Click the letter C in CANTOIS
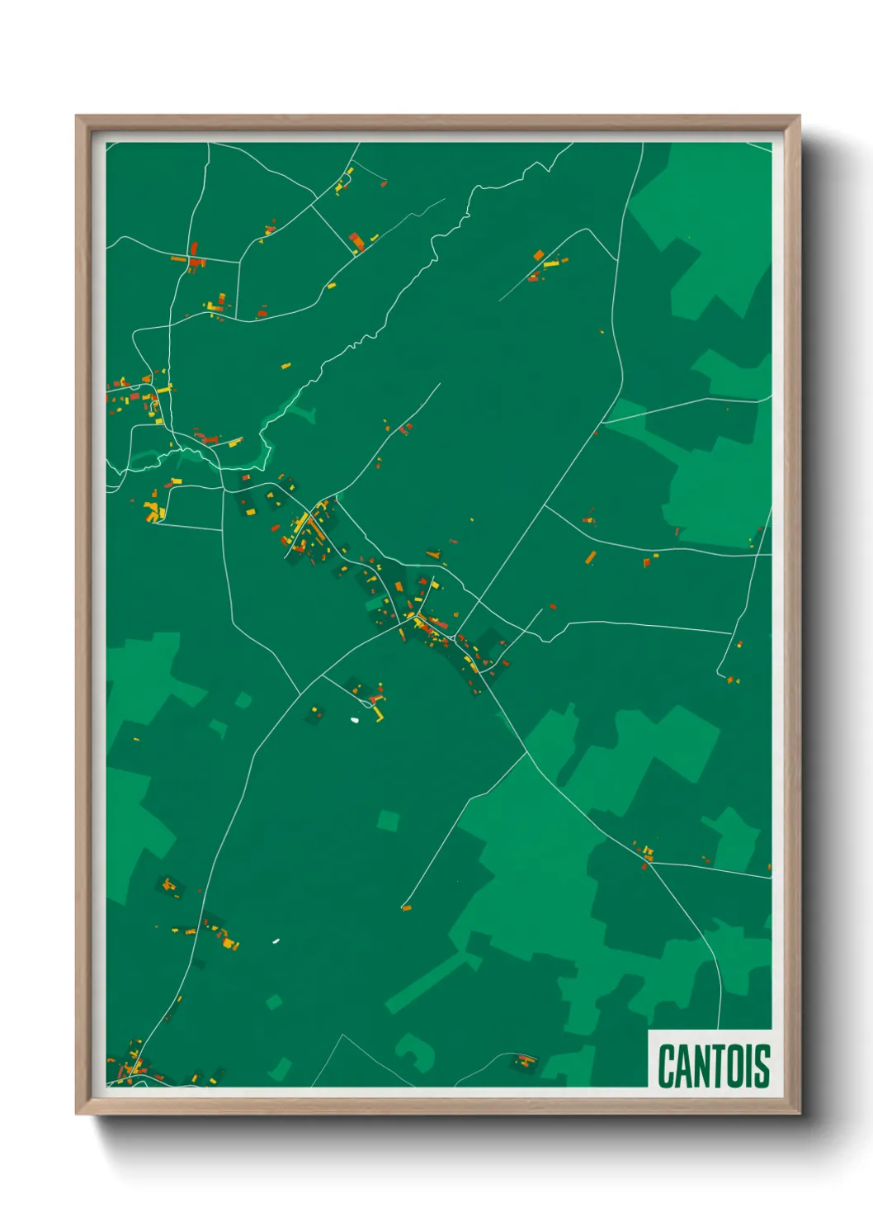(x=666, y=1066)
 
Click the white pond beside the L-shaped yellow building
(x=355, y=720)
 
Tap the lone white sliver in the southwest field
(x=276, y=940)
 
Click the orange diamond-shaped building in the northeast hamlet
(x=539, y=255)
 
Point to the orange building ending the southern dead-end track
(x=405, y=907)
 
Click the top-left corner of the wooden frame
(x=78, y=117)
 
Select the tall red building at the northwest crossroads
(x=194, y=249)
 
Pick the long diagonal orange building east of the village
(x=590, y=558)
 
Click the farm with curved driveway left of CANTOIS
(x=525, y=1059)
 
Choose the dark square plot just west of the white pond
(x=315, y=714)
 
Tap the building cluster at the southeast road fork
(x=644, y=852)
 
